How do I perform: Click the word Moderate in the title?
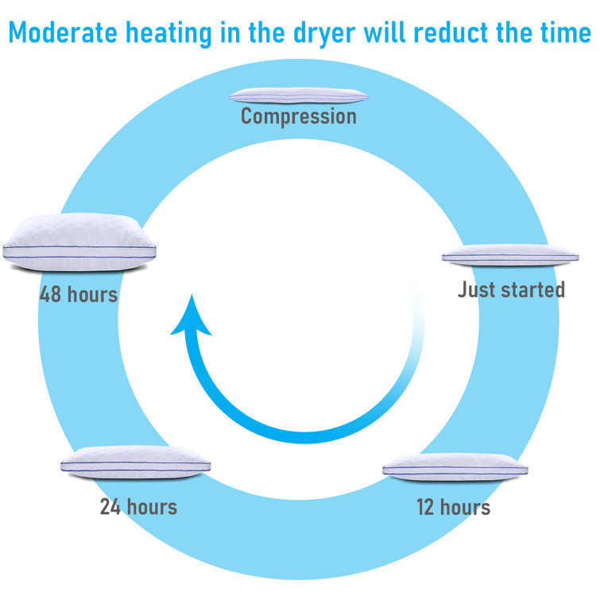click(63, 32)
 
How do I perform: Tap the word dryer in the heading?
click(324, 33)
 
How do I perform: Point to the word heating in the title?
click(168, 33)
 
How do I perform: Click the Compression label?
click(299, 116)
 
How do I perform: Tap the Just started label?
click(511, 289)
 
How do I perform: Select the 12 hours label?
click(454, 507)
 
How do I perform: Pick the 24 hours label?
click(138, 507)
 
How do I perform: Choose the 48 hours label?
click(79, 294)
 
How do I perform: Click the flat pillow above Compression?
click(299, 95)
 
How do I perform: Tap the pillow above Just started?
click(510, 255)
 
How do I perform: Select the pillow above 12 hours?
click(455, 467)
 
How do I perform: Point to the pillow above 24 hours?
click(135, 463)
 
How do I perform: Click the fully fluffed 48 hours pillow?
click(79, 242)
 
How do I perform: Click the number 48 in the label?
click(50, 294)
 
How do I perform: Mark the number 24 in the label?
click(110, 507)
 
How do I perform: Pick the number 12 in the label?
click(425, 507)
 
